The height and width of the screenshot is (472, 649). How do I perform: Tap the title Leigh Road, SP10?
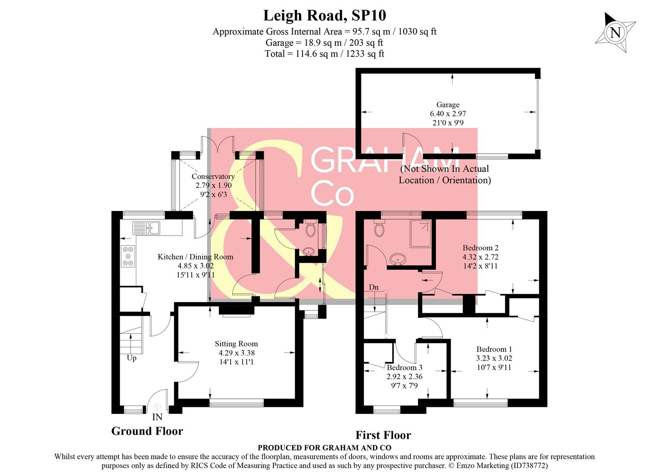(x=324, y=16)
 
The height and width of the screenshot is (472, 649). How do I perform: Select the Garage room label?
(x=448, y=105)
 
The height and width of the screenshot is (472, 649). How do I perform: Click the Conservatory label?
(x=213, y=177)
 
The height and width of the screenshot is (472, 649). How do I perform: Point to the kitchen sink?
(x=147, y=228)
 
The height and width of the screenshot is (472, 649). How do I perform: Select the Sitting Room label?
(x=236, y=344)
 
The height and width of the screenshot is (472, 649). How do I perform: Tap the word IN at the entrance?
(x=157, y=417)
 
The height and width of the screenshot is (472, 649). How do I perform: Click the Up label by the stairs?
(x=131, y=358)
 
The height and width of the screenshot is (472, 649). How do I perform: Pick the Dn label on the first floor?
(x=373, y=288)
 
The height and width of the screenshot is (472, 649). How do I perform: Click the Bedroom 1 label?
(x=494, y=349)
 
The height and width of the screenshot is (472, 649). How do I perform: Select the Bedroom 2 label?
(x=480, y=248)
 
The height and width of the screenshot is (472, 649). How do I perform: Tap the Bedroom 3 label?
(x=404, y=368)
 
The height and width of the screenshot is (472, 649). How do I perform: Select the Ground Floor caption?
(x=147, y=431)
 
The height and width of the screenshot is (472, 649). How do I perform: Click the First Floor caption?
(x=383, y=435)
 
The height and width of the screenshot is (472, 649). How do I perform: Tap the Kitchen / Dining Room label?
(x=195, y=257)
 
